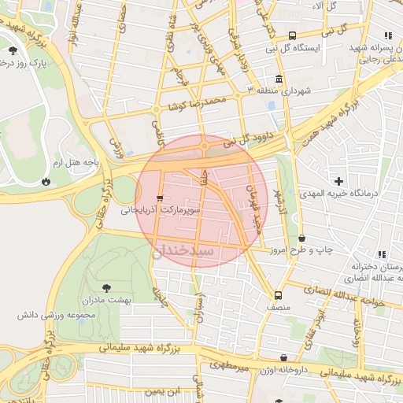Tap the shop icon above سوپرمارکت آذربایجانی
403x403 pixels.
click(161, 198)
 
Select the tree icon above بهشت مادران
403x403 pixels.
click(107, 289)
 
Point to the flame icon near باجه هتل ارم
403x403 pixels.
click(46, 181)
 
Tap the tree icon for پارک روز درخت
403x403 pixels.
click(13, 50)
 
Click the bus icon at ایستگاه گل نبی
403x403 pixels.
click(293, 35)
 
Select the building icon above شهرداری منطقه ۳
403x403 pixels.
click(280, 79)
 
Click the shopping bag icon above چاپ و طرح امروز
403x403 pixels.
click(301, 238)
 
